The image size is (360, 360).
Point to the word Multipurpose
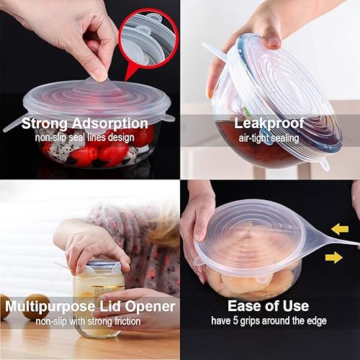point(48,307)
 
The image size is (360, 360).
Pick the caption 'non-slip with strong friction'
point(89,321)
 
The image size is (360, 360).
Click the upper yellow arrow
point(340,229)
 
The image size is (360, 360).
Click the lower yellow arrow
point(333,257)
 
